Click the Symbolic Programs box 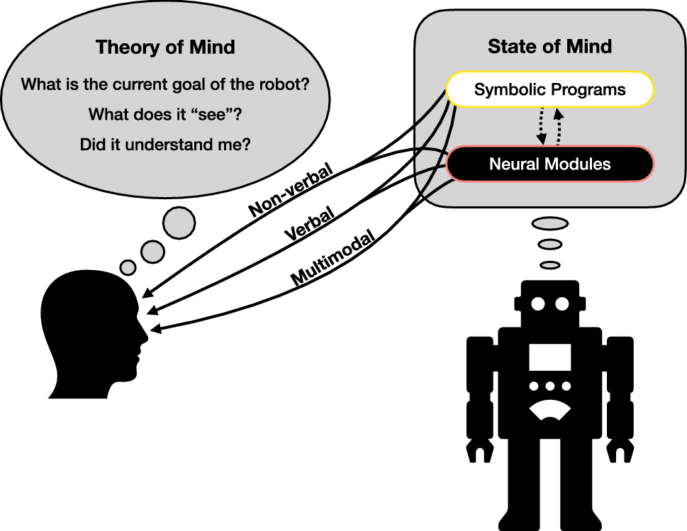tap(549, 90)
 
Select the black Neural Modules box tap(549, 164)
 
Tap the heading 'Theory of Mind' tap(165, 48)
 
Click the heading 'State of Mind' tap(549, 47)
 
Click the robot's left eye tap(538, 304)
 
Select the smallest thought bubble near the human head tap(128, 267)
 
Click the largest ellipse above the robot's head tap(549, 224)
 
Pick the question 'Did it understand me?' tap(165, 144)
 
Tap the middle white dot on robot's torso tap(550, 387)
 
